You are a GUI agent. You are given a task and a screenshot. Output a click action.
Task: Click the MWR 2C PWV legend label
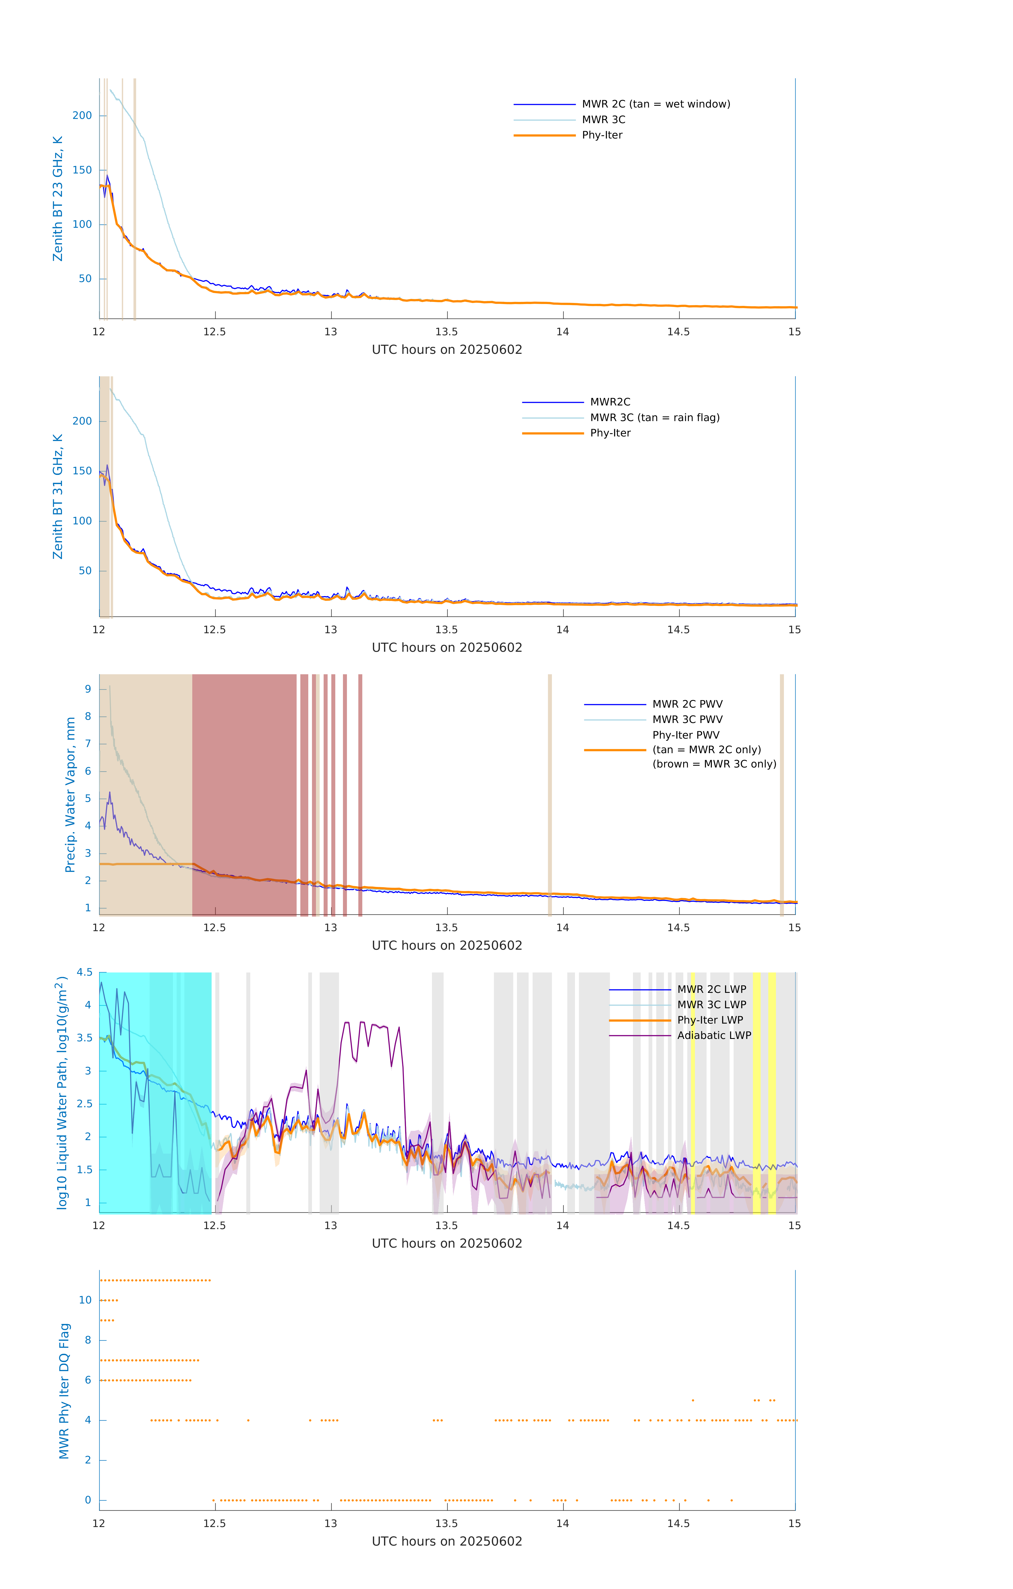pos(687,704)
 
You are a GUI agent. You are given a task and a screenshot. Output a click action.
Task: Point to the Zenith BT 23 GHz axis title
pos(58,199)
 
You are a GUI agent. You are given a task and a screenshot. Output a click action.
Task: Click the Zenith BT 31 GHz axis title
pos(58,496)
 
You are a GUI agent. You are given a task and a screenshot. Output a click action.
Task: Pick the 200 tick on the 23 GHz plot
pos(82,115)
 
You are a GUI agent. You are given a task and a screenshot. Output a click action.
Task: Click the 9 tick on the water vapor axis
pos(88,689)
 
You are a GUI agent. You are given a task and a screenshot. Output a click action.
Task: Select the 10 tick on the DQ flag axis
pos(85,1300)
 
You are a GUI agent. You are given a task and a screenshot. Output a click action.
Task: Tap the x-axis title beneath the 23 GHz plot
pos(447,350)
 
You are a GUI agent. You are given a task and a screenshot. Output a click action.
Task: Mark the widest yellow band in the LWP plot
pos(757,1092)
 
